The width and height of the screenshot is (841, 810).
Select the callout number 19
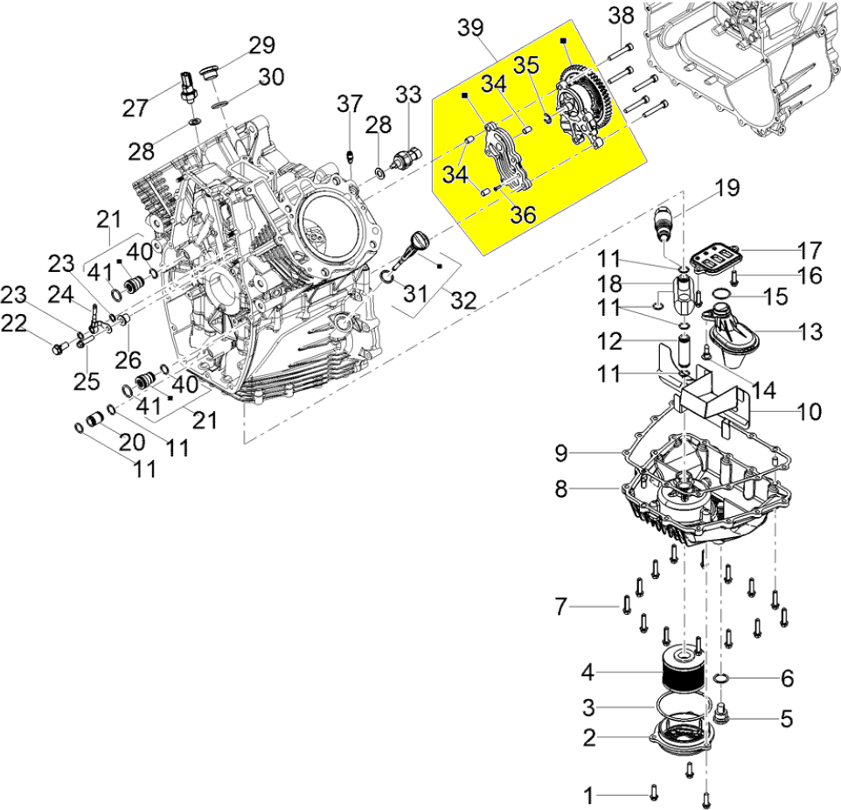[726, 186]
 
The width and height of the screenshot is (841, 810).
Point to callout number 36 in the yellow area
[523, 213]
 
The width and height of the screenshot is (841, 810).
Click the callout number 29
[261, 45]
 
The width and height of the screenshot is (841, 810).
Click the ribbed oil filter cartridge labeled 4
[683, 674]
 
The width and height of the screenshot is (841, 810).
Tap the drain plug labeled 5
[722, 716]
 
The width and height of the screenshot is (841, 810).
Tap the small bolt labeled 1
[654, 793]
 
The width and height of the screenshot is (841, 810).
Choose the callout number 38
[621, 17]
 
